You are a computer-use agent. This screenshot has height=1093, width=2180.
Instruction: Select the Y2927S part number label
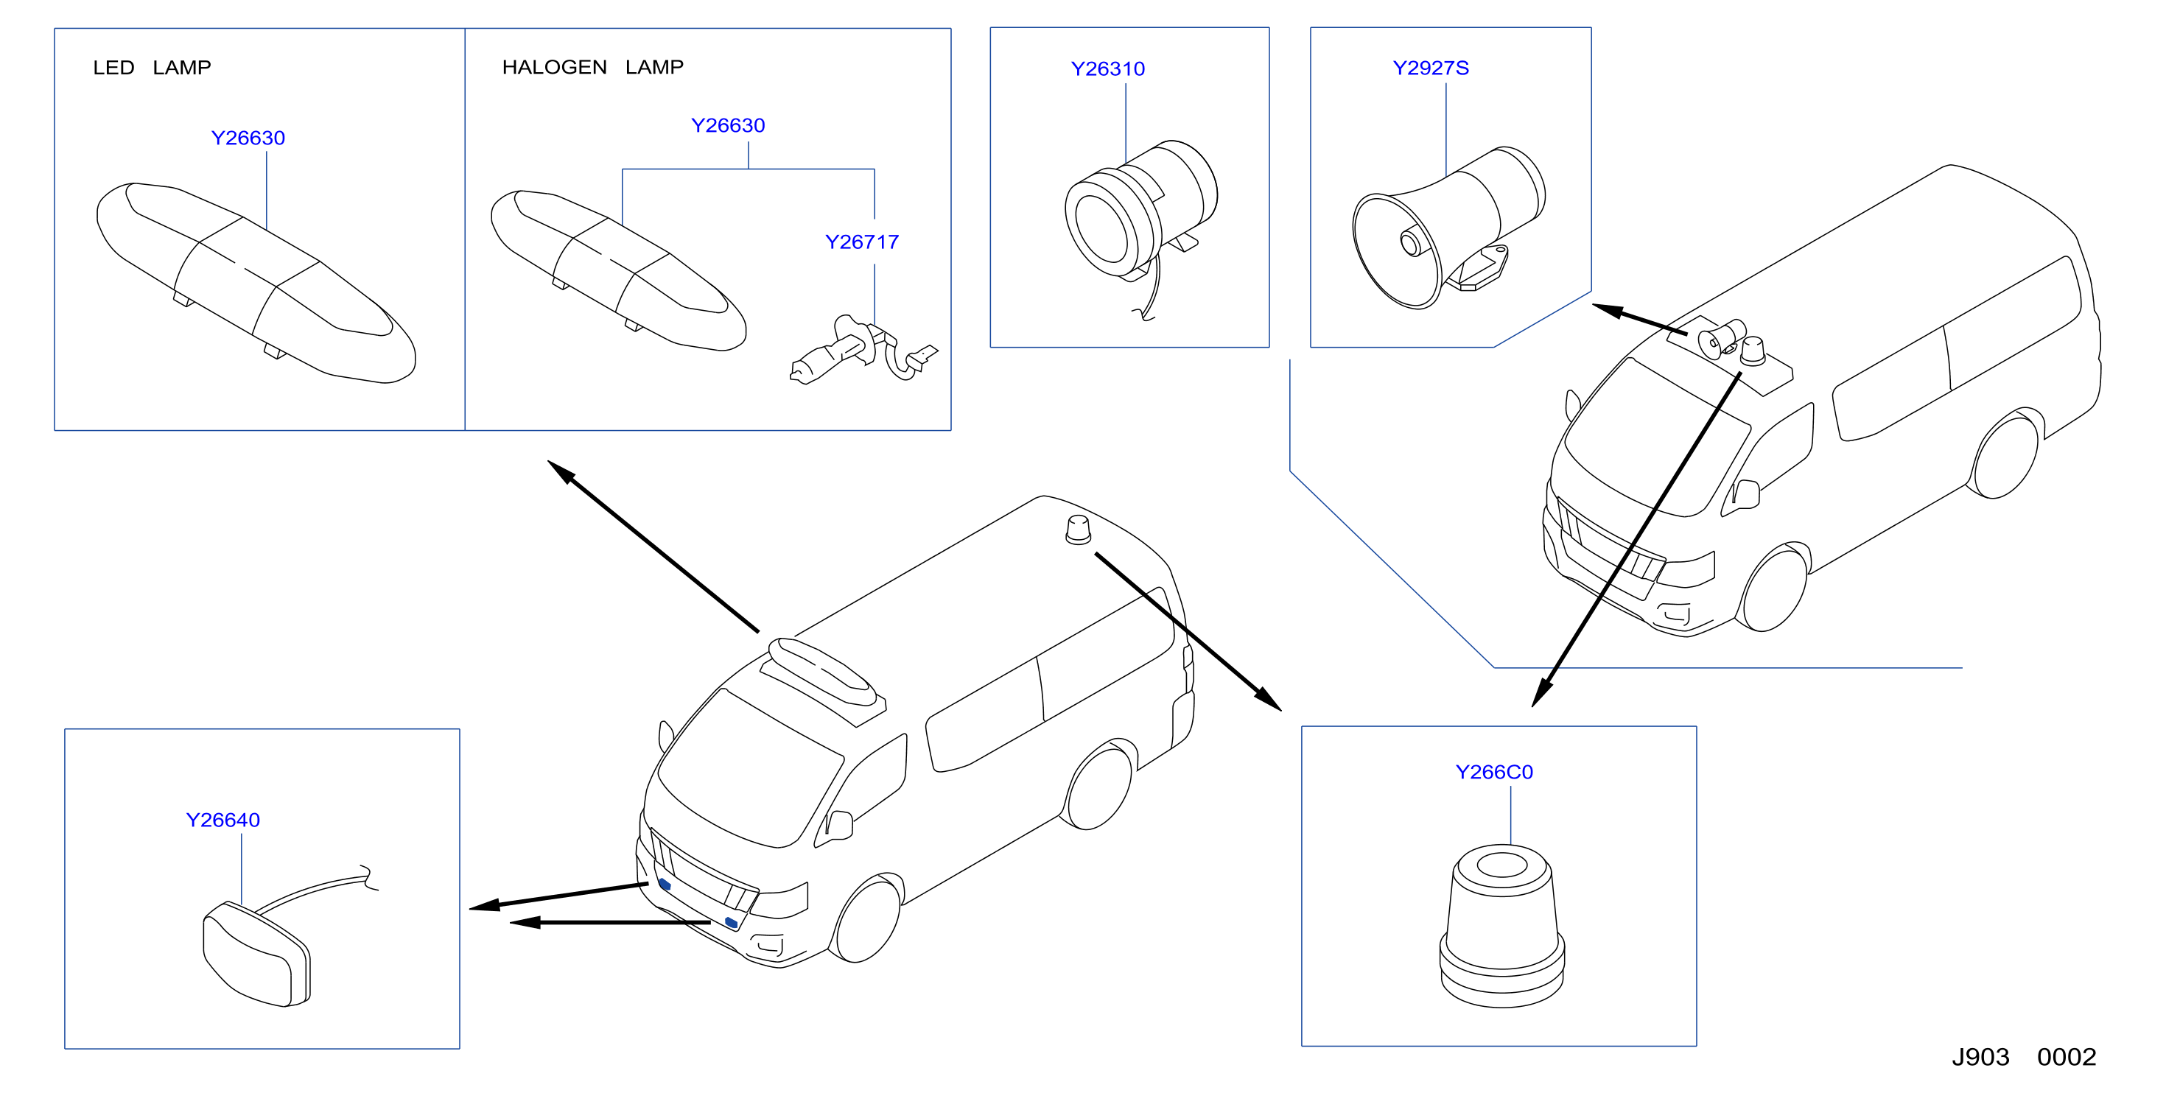click(1430, 68)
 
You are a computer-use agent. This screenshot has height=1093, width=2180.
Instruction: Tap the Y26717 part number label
click(861, 242)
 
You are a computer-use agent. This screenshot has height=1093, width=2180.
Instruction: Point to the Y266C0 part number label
click(1493, 772)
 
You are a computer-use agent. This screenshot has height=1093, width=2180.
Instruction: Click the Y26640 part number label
click(222, 820)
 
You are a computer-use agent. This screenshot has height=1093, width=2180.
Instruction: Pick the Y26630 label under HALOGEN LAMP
click(728, 125)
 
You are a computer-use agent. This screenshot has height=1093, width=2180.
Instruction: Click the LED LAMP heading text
click(152, 68)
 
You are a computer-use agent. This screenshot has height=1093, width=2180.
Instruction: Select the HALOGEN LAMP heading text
click(592, 67)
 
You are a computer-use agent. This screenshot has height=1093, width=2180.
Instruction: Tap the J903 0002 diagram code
click(2023, 1057)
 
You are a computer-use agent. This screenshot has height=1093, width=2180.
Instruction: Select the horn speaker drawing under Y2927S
click(1448, 228)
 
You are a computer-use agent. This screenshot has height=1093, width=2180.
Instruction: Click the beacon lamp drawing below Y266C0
click(1502, 926)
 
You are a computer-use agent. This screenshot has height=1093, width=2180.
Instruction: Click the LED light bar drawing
click(256, 283)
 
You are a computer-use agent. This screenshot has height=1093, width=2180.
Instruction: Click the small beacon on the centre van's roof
click(1077, 530)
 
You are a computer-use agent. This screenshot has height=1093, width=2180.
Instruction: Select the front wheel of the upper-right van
click(1774, 590)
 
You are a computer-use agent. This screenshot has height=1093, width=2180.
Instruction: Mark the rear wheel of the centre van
click(1098, 787)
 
